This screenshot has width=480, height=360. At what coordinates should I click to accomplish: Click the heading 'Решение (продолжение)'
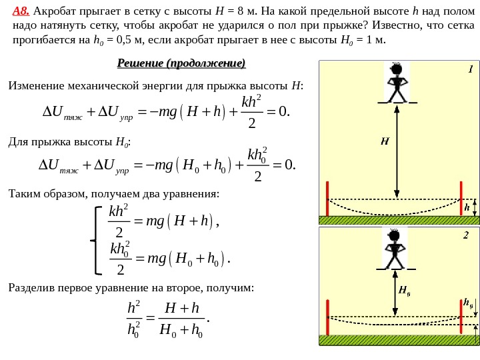pos(181,63)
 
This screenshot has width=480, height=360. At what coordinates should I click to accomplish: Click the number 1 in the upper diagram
pos(470,69)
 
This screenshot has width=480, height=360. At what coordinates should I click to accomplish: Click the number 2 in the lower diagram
pos(466,235)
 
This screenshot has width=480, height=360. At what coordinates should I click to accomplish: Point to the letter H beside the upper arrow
pos(385,141)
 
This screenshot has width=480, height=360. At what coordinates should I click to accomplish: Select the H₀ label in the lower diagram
pos(403,290)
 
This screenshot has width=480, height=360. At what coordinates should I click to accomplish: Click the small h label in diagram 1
pos(467,207)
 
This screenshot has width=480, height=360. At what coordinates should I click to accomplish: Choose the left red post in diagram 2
pos(327,317)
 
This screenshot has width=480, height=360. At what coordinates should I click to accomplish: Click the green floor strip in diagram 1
pos(399,220)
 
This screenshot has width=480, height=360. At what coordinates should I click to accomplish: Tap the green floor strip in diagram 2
pos(399,340)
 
